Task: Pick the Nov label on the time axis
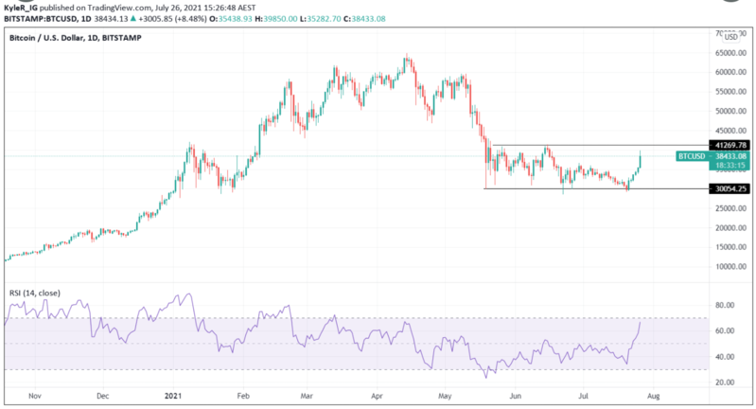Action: pyautogui.click(x=34, y=399)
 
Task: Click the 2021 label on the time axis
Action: pyautogui.click(x=173, y=399)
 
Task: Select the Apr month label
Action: pyautogui.click(x=378, y=399)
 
